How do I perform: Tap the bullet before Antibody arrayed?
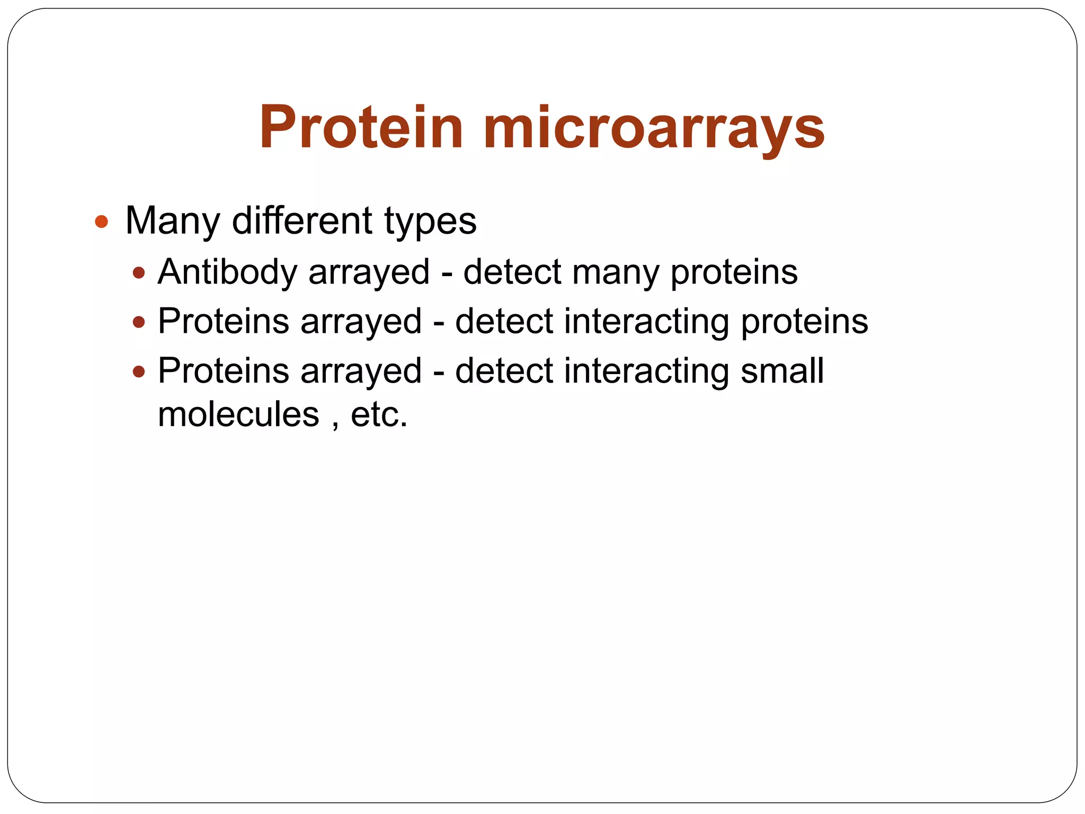pyautogui.click(x=139, y=272)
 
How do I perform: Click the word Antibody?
pyautogui.click(x=228, y=271)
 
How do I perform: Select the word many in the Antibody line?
pyautogui.click(x=616, y=272)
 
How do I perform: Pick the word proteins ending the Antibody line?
pyautogui.click(x=734, y=272)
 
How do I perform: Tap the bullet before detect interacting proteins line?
pyautogui.click(x=139, y=322)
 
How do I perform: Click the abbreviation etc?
pyautogui.click(x=379, y=414)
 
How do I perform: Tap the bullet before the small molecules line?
pyautogui.click(x=139, y=371)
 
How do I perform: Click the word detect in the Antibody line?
pyautogui.click(x=512, y=272)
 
